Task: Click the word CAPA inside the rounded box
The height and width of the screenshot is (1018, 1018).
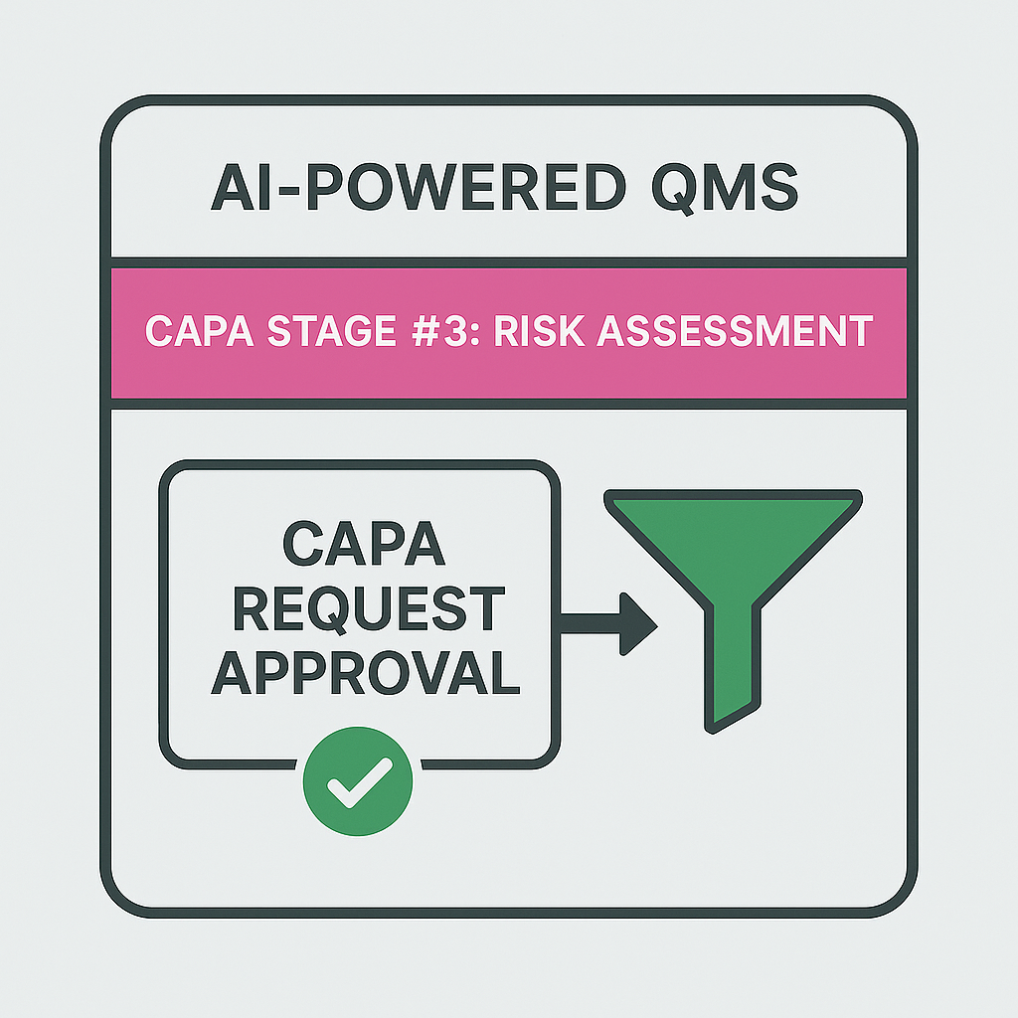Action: coord(357,546)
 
